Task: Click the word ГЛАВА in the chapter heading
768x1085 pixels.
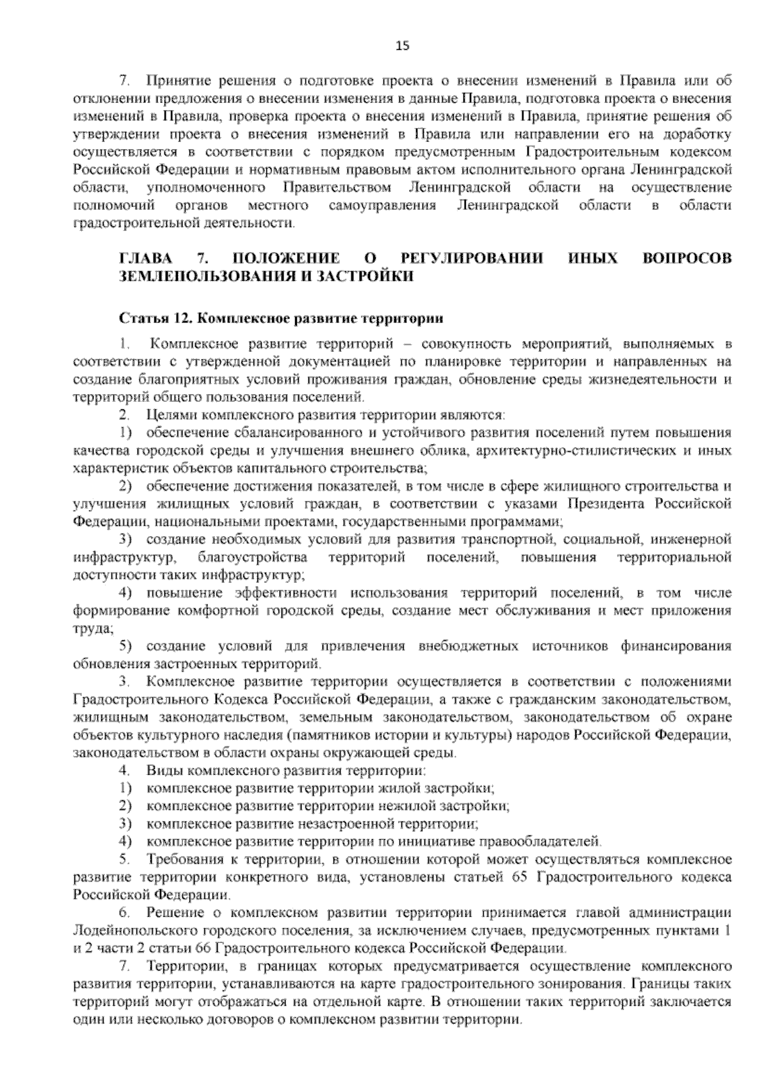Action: pyautogui.click(x=145, y=258)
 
